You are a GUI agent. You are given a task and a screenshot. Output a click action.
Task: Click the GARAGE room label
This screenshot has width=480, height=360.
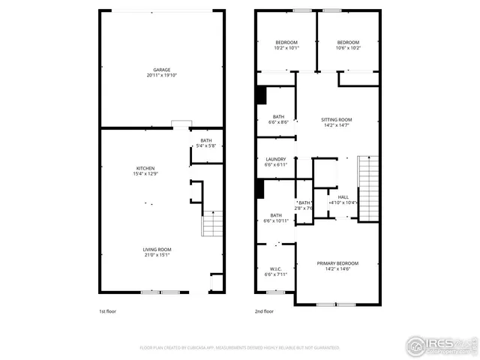tap(162, 70)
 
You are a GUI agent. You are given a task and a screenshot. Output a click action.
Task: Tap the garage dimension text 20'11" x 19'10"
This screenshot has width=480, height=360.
tap(162, 76)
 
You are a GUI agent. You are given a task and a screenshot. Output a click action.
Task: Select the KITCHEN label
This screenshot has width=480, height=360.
tap(145, 168)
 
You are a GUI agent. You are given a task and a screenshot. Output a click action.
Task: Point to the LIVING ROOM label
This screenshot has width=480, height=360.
tap(157, 250)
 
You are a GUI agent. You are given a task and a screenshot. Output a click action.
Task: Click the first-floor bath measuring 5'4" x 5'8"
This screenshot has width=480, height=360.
tap(205, 142)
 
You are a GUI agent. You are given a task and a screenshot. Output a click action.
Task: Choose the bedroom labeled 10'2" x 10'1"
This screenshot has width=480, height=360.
tap(286, 44)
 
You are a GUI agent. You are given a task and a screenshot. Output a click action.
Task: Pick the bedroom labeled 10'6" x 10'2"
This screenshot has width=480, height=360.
tap(348, 44)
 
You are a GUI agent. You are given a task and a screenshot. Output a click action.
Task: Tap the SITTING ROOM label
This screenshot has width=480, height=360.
tap(336, 120)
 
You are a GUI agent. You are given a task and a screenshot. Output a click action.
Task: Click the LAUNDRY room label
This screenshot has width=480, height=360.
tap(276, 159)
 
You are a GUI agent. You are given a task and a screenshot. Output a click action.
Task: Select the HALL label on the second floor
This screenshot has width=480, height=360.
tap(343, 197)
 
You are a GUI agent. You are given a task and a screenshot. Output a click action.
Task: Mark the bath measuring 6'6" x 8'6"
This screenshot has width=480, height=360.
tap(278, 118)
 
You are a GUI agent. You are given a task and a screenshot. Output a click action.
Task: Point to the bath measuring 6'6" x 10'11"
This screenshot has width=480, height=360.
tap(276, 218)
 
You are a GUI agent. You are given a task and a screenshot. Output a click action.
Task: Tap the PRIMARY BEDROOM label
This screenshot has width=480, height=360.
tap(337, 263)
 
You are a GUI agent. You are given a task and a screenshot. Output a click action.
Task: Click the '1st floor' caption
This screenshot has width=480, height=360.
tap(107, 311)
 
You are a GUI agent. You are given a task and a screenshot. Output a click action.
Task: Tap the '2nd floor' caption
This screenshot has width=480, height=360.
tap(264, 311)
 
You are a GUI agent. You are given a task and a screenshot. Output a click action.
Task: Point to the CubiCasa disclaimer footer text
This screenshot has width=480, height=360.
tap(240, 348)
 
